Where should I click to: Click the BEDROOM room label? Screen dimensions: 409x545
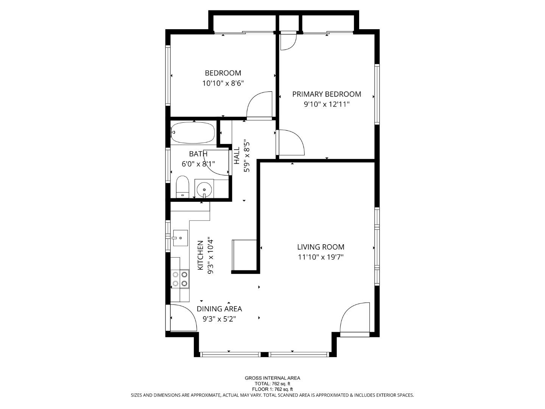(223, 73)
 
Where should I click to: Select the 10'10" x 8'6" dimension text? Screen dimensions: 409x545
(223, 83)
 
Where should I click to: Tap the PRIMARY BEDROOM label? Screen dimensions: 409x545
(327, 94)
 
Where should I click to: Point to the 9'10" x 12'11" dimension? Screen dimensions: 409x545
(327, 104)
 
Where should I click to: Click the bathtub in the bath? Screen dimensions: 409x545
(193, 133)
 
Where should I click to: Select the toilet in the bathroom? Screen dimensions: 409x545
(182, 187)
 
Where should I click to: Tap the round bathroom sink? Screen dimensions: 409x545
(204, 188)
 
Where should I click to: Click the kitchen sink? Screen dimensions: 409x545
(181, 238)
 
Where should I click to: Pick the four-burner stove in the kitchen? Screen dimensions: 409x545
(180, 279)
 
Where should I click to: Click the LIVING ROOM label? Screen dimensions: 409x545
(321, 247)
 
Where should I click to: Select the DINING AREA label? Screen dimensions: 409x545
(219, 309)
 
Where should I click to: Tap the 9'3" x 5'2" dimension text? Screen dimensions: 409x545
(219, 319)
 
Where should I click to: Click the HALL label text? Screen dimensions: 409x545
(237, 156)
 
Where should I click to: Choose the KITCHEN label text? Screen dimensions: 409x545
(201, 256)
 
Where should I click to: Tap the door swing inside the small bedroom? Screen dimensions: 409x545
(260, 105)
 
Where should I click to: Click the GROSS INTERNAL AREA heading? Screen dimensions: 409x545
(272, 378)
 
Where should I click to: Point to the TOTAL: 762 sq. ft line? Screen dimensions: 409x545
(272, 384)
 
